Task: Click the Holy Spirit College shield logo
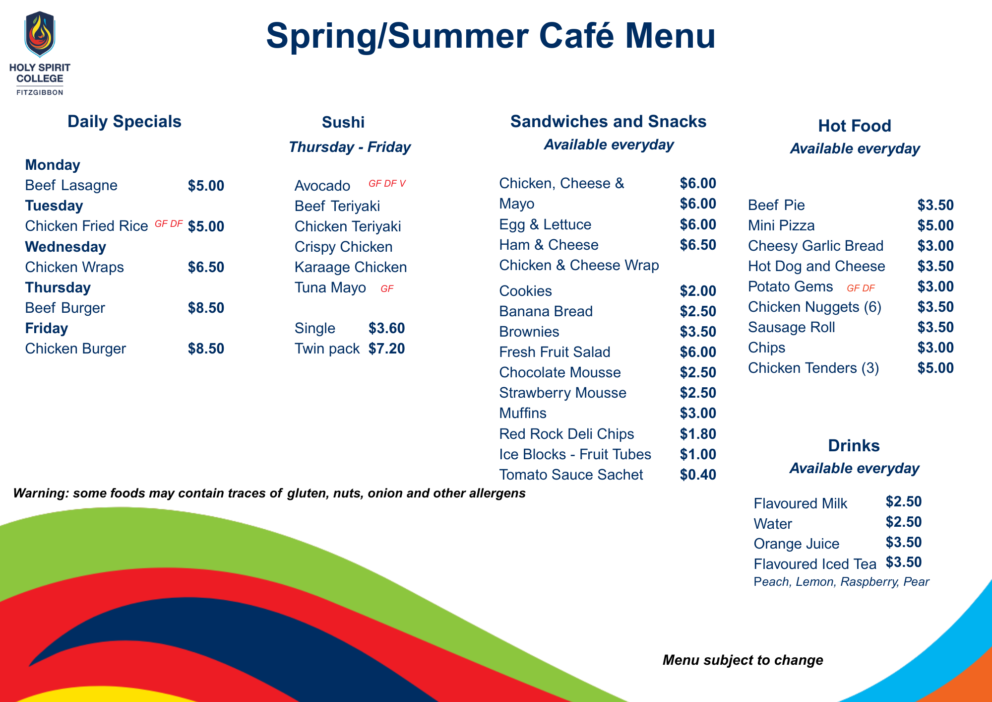coord(40,34)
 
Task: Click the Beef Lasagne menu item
coord(71,185)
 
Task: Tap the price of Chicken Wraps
coord(206,267)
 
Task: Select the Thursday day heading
coord(58,287)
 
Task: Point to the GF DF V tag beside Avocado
coord(387,184)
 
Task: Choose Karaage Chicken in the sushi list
coord(351,267)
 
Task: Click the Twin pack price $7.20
coord(386,349)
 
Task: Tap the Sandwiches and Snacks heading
coord(608,122)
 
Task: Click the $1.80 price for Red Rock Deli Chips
coord(698,434)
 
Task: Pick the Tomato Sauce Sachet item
coord(571,475)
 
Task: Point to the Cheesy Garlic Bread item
coord(815,246)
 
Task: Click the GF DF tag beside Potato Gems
coord(861,288)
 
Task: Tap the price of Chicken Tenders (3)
coord(935,368)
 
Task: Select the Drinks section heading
coord(854,445)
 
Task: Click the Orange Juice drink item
coord(796,544)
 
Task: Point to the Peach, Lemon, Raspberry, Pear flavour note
coord(841,582)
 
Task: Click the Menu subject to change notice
coord(743,660)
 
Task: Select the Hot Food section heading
coord(854,126)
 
